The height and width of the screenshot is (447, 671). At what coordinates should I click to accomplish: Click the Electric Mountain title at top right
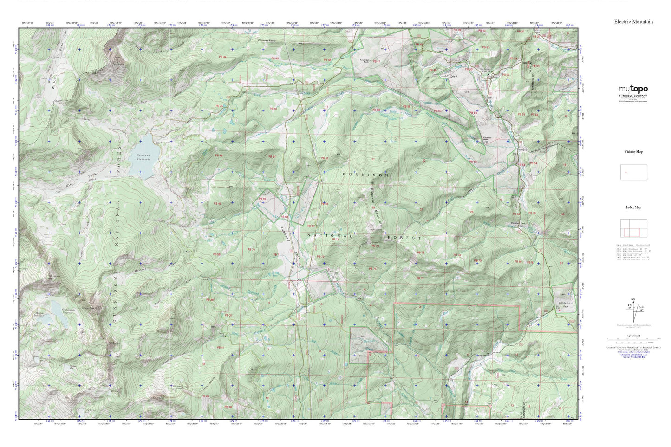[633, 21]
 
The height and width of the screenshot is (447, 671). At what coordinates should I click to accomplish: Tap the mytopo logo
[633, 89]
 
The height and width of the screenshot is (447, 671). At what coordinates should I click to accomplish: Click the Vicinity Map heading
[633, 152]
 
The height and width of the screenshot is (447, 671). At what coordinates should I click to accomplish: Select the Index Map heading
[633, 207]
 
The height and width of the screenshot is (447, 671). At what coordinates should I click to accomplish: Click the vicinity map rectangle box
[633, 172]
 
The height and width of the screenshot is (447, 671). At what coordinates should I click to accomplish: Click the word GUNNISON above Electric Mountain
[365, 175]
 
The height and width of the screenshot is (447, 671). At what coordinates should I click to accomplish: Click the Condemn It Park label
[564, 304]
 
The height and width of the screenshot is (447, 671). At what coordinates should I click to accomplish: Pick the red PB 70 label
[251, 250]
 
